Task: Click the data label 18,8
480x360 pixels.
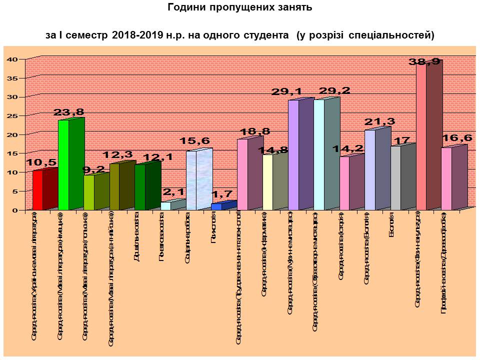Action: pyautogui.click(x=252, y=131)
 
